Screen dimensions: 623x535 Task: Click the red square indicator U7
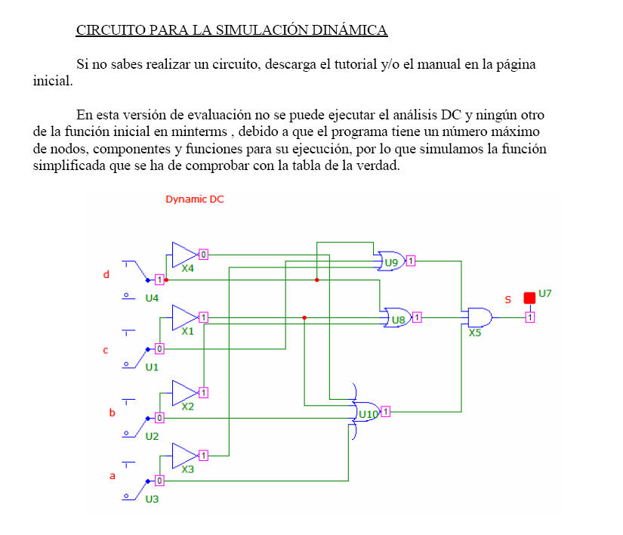pyautogui.click(x=529, y=298)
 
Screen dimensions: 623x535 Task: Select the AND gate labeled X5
pyautogui.click(x=480, y=317)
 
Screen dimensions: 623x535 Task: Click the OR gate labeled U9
pyautogui.click(x=391, y=261)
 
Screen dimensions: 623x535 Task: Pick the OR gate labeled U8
pyautogui.click(x=397, y=317)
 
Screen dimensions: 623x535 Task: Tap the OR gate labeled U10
pyautogui.click(x=365, y=411)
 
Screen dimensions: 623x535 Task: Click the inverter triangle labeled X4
pyautogui.click(x=185, y=255)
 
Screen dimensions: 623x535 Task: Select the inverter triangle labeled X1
pyautogui.click(x=185, y=317)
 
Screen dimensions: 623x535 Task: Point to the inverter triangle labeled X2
pyautogui.click(x=185, y=393)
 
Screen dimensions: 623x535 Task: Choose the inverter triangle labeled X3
pyautogui.click(x=185, y=456)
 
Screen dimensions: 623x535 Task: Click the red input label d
pyautogui.click(x=106, y=274)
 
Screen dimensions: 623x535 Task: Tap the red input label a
pyautogui.click(x=113, y=476)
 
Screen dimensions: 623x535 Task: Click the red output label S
pyautogui.click(x=507, y=300)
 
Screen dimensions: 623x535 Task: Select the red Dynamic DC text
pyautogui.click(x=195, y=199)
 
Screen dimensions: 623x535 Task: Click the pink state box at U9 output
pyautogui.click(x=411, y=261)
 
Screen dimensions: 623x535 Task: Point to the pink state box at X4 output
pyautogui.click(x=203, y=255)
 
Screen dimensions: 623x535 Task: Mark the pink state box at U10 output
pyautogui.click(x=385, y=411)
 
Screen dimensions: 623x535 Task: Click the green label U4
pyautogui.click(x=152, y=298)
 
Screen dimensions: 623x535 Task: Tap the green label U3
pyautogui.click(x=152, y=499)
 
